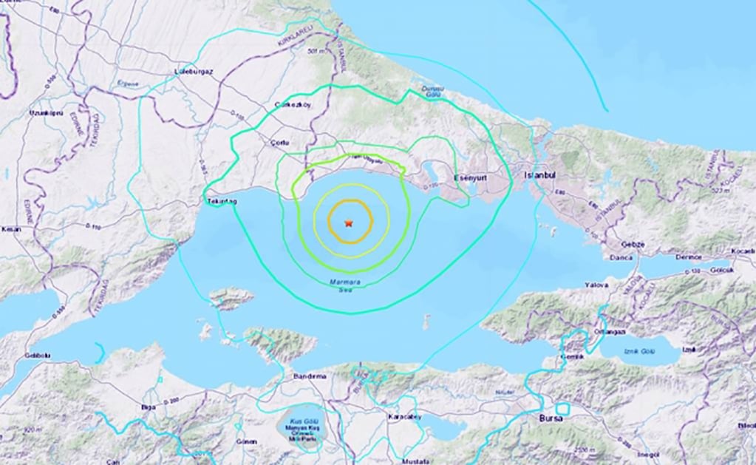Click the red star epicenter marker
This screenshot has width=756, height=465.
[x=348, y=223]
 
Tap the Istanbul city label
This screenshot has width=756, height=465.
[x=539, y=176]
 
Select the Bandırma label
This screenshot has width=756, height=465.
[x=308, y=376]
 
